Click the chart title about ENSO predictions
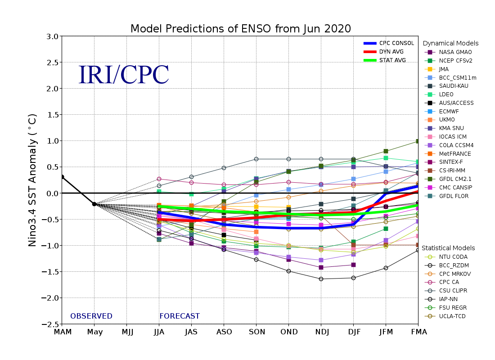pos(240,29)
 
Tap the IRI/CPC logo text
pos(124,75)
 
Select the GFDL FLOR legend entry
pos(450,196)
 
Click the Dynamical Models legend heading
pos(450,44)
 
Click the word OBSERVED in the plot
pos(91,316)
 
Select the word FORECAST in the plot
pos(180,316)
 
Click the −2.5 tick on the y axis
pos(50,324)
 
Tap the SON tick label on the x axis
pos(256,333)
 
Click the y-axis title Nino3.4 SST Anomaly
pos(33,180)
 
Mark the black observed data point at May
pos(94,204)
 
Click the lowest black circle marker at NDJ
pos(321,279)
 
